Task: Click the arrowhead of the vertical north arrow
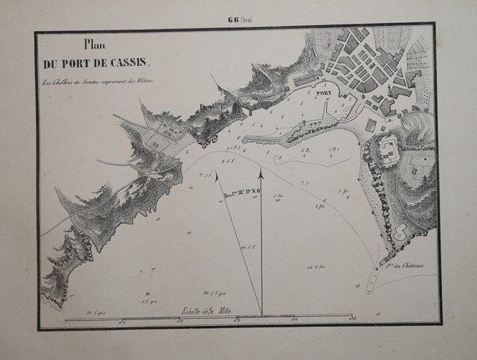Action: pyautogui.click(x=261, y=167)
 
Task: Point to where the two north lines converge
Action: pyautogui.click(x=261, y=313)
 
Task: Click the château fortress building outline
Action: pyautogui.click(x=390, y=149)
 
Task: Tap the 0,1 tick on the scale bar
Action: pyautogui.click(x=122, y=322)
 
